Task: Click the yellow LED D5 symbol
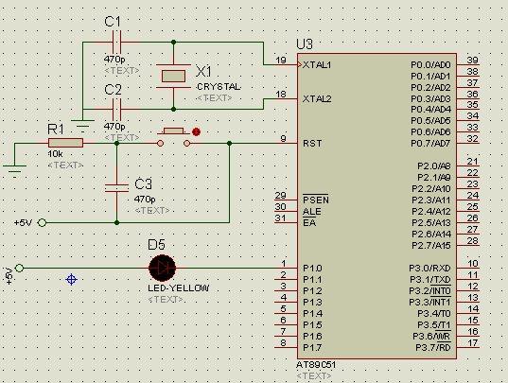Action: click(163, 268)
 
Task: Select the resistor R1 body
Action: click(65, 143)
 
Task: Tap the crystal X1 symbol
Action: click(173, 76)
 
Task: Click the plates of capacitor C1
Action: click(116, 43)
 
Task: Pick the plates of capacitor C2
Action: click(116, 109)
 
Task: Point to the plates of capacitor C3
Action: click(116, 188)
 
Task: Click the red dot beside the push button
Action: click(196, 131)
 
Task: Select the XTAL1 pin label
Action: click(317, 65)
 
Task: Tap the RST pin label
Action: click(312, 144)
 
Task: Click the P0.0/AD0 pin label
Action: click(430, 65)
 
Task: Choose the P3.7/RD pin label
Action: click(433, 348)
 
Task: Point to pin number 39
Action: click(473, 60)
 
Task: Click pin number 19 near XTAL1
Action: click(281, 60)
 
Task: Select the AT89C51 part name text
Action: click(316, 365)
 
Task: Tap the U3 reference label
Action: click(305, 44)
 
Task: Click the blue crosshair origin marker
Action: click(71, 279)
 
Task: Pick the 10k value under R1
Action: click(55, 154)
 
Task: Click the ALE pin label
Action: click(311, 212)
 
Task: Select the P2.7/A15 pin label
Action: click(430, 246)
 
